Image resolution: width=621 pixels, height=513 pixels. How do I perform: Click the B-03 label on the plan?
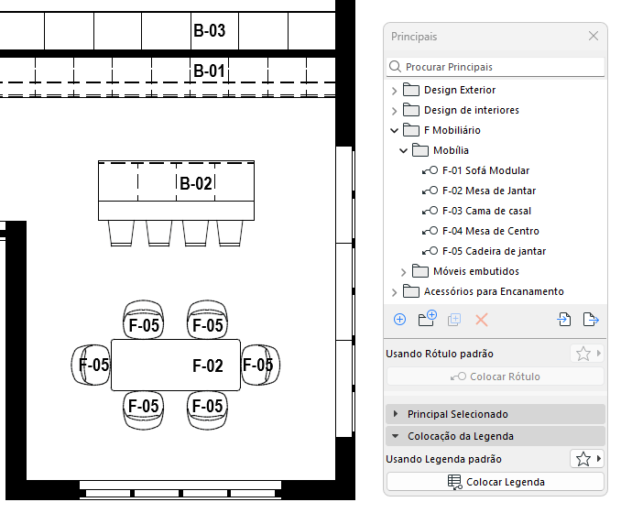pyautogui.click(x=209, y=31)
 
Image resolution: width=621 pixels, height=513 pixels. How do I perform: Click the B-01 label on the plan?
pyautogui.click(x=209, y=71)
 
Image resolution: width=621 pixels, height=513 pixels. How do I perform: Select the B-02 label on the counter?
pyautogui.click(x=196, y=183)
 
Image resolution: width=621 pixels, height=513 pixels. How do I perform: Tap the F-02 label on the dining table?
pyautogui.click(x=208, y=366)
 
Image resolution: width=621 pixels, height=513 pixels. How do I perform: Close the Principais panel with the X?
pyautogui.click(x=594, y=37)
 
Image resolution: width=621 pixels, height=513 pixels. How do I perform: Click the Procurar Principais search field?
pyautogui.click(x=496, y=67)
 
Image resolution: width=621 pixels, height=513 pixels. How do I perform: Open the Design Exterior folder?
pyautogui.click(x=460, y=90)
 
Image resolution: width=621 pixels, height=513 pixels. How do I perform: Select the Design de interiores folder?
pyautogui.click(x=471, y=110)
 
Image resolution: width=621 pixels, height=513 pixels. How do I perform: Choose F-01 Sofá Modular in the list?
pyautogui.click(x=485, y=170)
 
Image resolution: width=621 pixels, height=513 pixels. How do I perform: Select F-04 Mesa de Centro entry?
pyautogui.click(x=490, y=231)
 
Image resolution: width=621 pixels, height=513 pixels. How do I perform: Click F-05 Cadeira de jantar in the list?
pyautogui.click(x=494, y=251)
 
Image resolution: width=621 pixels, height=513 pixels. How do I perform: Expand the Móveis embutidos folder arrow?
pyautogui.click(x=404, y=271)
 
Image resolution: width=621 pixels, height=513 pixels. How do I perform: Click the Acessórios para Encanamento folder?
pyautogui.click(x=494, y=291)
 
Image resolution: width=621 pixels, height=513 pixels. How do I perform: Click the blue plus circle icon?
pyautogui.click(x=399, y=320)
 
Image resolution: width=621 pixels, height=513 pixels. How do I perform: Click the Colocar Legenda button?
pyautogui.click(x=496, y=482)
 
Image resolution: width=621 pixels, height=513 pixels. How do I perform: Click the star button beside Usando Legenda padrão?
pyautogui.click(x=582, y=458)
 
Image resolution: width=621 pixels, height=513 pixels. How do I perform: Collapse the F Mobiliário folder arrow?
pyautogui.click(x=395, y=130)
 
